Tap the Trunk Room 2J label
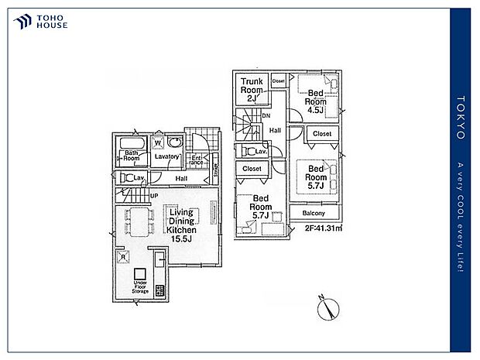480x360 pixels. pos(252,88)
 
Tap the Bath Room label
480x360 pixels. pos(132,156)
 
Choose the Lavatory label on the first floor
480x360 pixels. pos(166,157)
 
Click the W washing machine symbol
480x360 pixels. pos(157,142)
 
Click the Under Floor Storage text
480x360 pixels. pos(140,287)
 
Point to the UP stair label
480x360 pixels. pos(155,196)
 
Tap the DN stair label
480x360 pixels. pos(266,117)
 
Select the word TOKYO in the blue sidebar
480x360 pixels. pos(461,118)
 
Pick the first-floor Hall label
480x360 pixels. pos(181,179)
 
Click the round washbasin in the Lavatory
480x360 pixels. pos(175,143)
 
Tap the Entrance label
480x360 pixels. pos(197,161)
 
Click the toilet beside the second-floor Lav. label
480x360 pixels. pos(249,151)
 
